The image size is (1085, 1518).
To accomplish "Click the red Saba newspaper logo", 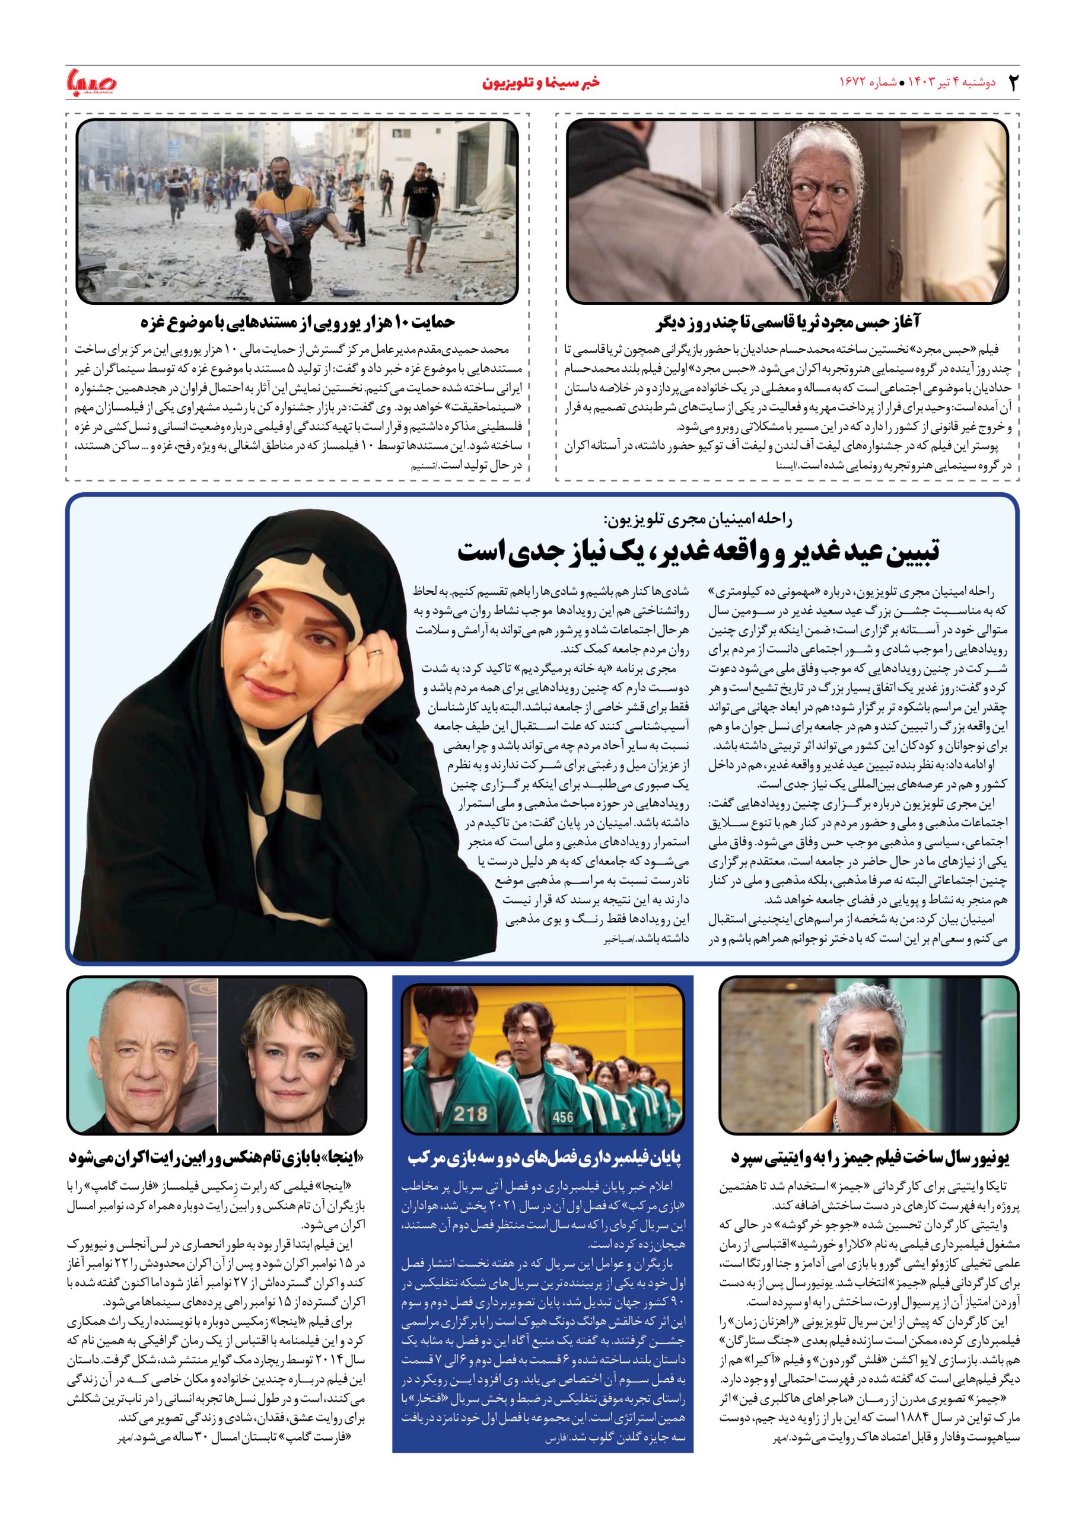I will tap(91, 82).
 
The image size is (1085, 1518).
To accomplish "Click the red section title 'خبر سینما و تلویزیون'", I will tap(541, 83).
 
